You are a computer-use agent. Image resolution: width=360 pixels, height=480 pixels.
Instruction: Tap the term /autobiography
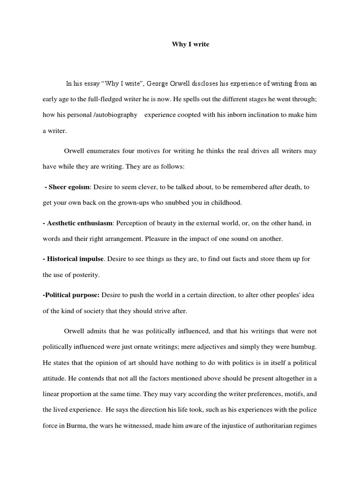coord(118,115)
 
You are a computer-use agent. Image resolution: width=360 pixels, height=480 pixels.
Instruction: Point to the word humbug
coord(305,347)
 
